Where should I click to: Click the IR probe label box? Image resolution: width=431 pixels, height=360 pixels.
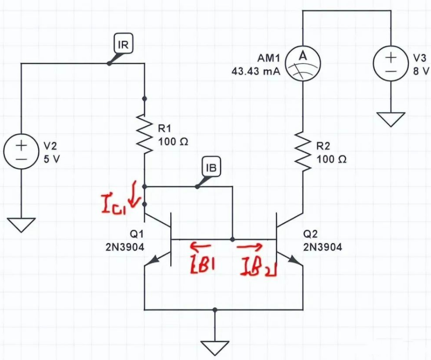coord(124,45)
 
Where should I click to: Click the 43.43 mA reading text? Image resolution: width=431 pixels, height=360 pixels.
coord(255,73)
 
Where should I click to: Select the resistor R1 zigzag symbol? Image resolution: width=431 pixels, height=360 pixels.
coord(145,135)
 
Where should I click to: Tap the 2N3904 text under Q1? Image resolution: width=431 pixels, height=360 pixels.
coord(125,247)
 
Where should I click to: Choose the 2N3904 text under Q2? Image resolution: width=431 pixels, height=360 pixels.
coord(322,247)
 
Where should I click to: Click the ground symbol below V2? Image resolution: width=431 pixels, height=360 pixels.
coord(21,224)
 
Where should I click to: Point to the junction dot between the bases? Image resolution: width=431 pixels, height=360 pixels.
coord(232,239)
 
